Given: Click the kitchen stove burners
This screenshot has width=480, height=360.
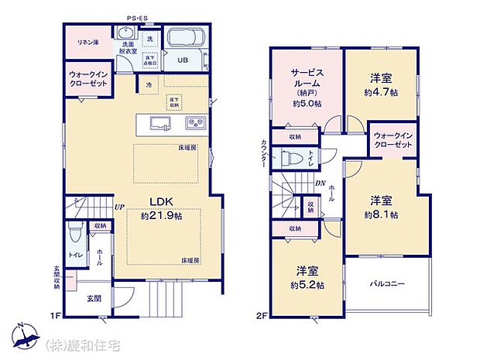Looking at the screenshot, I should coord(194,122).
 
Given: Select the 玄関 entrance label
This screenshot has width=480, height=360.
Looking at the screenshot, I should coord(91,298).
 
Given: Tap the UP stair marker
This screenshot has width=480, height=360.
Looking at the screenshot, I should coord(119,207).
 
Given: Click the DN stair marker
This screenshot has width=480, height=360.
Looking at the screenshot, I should coord(320,183).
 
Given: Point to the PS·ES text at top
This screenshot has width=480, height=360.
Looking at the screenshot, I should coord(139,18).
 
